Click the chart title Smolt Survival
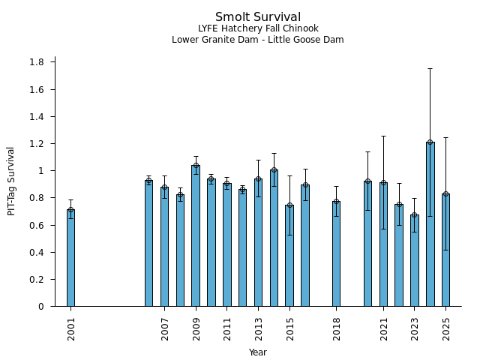257,17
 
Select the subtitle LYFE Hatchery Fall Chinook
257,29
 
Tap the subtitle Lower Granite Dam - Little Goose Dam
257,40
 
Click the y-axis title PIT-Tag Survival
11,181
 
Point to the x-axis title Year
257,352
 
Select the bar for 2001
70,258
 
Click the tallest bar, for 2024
430,224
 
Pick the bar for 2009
196,235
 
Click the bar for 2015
289,256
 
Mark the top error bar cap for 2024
430,69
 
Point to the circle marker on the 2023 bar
414,216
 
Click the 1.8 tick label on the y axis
37,62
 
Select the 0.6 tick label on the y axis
37,225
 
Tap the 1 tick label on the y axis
41,171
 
